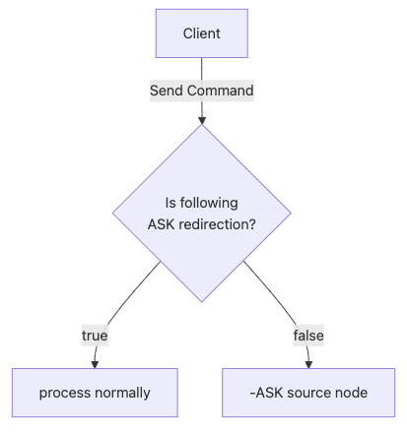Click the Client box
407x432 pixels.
point(202,33)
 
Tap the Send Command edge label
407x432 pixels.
point(202,91)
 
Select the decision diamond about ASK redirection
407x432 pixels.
point(202,214)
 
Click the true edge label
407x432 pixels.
point(95,336)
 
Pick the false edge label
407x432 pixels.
point(308,336)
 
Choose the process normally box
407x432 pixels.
point(95,393)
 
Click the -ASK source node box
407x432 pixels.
point(308,393)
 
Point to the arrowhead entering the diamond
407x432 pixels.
point(202,120)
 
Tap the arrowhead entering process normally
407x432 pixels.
point(95,364)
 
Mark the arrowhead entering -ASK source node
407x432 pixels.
point(308,364)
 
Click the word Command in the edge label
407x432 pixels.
point(221,91)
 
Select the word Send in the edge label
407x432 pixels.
point(167,91)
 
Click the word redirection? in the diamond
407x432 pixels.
point(218,224)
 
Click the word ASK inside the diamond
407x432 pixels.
point(162,224)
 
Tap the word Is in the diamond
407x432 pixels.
point(170,203)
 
